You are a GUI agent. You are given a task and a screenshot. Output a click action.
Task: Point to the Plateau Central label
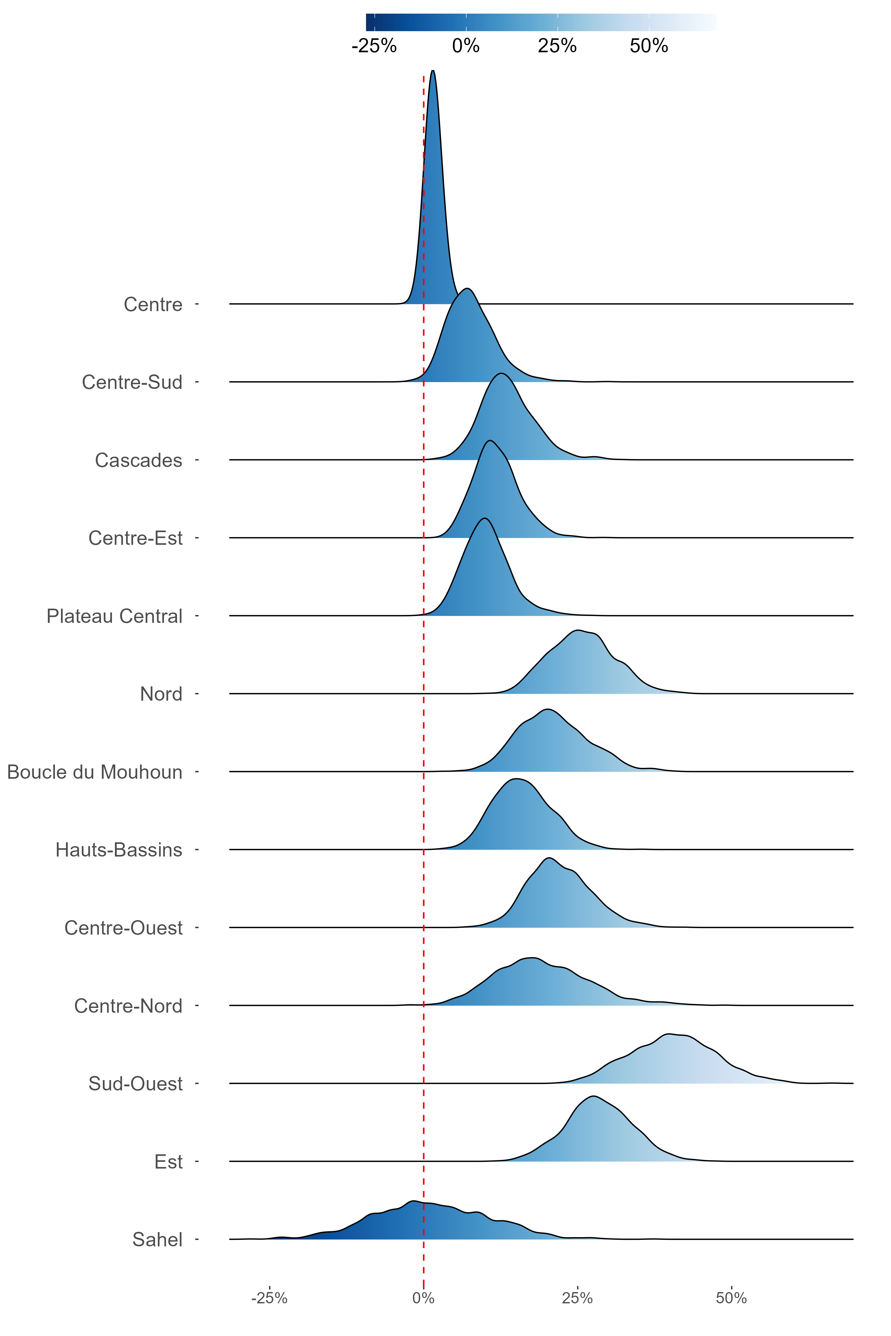pos(114,616)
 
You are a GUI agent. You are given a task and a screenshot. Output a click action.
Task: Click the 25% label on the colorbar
pos(557,46)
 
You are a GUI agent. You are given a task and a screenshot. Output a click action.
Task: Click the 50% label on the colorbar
pos(649,46)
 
